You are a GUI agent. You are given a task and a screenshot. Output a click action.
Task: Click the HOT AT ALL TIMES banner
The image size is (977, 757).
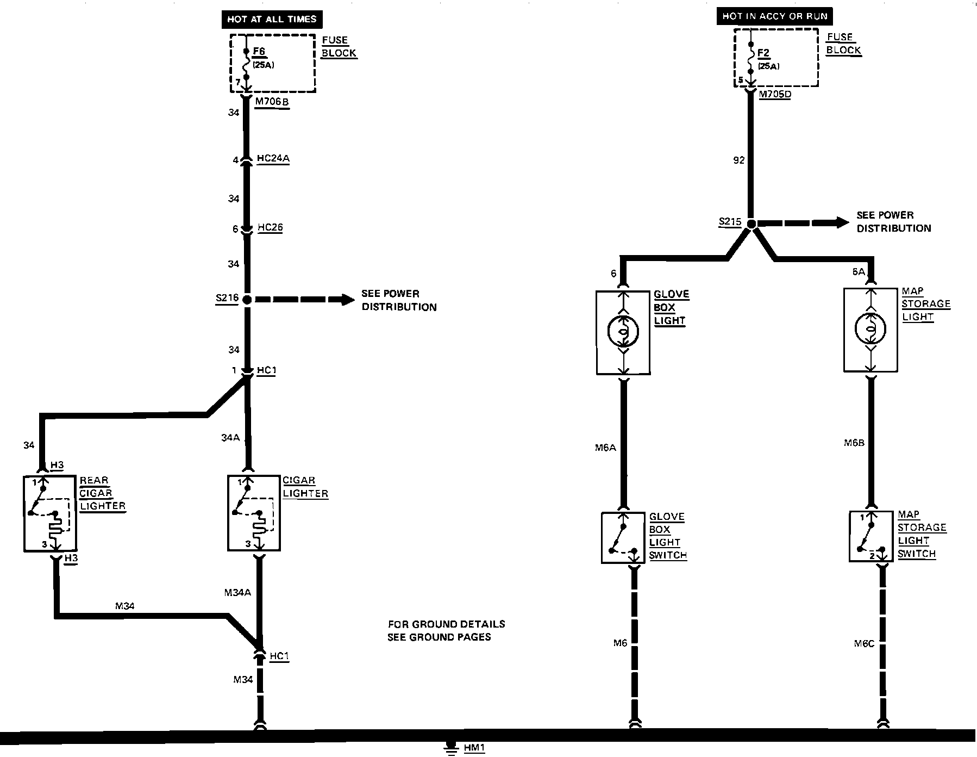point(272,19)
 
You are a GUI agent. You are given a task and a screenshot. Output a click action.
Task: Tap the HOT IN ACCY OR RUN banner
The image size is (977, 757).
point(774,16)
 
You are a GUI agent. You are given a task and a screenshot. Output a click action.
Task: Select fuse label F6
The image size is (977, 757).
point(259,52)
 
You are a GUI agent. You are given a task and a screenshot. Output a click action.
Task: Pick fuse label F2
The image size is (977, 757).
point(763,53)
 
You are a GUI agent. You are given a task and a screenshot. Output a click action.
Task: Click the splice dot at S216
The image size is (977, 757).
point(247,299)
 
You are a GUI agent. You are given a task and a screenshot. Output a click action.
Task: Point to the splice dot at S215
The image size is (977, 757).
point(751,224)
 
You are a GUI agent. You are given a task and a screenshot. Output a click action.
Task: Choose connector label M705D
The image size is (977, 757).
point(775,94)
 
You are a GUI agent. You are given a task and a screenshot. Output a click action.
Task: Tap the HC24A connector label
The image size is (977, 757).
point(273,159)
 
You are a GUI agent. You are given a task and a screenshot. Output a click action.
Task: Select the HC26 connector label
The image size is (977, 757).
point(270,227)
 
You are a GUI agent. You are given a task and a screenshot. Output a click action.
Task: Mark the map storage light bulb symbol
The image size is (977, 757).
point(870,328)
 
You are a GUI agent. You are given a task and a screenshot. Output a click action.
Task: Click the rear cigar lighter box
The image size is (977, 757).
point(50,513)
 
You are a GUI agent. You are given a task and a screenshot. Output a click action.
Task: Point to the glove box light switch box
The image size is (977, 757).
point(623,537)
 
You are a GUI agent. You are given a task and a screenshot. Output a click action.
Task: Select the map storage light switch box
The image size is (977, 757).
point(871,536)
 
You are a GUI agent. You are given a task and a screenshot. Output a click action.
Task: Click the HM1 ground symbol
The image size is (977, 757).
point(450,748)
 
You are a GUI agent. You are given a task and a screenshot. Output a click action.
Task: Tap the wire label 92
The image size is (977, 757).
point(738,160)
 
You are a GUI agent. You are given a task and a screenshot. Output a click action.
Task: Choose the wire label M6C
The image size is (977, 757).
point(864,644)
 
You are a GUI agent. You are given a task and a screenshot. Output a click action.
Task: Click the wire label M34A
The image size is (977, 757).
point(237,593)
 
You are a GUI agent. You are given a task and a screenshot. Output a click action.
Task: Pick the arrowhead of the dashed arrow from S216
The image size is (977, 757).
point(348,299)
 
